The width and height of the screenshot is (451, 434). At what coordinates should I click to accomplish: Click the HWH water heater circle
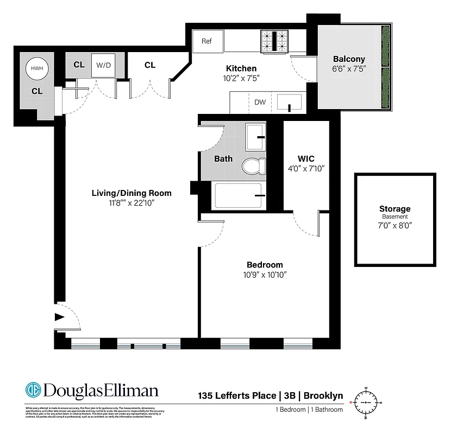36,68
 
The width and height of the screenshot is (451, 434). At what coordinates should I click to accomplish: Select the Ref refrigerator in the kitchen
207,41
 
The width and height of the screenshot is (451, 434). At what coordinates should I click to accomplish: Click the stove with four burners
275,41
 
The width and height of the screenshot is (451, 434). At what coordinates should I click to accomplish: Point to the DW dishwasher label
259,102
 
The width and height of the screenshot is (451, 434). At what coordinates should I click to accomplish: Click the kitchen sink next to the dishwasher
290,102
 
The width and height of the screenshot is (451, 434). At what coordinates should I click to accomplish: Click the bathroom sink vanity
255,137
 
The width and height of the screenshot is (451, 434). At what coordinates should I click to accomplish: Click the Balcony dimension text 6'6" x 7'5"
349,69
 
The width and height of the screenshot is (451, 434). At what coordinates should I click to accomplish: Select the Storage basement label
394,209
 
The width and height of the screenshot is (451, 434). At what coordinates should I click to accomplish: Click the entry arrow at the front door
59,319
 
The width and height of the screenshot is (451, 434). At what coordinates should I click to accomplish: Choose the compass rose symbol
366,403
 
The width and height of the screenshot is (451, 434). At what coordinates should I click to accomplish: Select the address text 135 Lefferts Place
237,396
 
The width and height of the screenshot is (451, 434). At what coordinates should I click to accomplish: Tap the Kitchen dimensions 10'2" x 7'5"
241,78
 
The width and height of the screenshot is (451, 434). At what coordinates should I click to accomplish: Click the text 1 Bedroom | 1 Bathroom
309,410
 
